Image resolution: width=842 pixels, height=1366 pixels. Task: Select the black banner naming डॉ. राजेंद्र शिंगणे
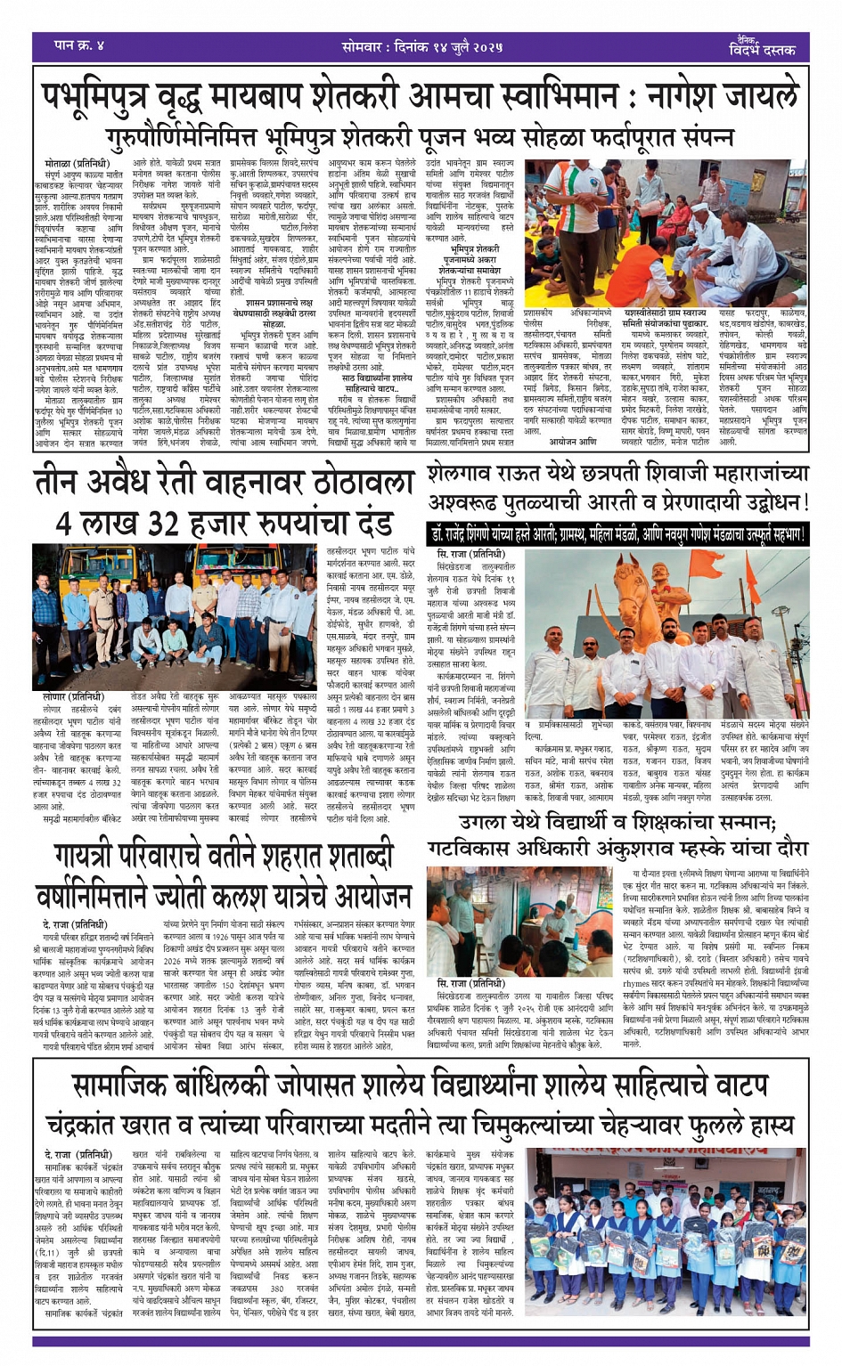tap(617, 534)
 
